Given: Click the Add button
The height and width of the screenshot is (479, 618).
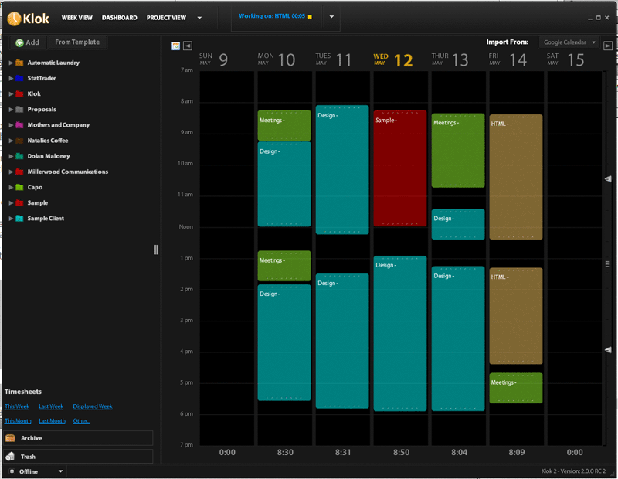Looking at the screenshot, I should pos(27,42).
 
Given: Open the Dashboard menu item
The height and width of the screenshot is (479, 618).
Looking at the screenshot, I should pos(119,18).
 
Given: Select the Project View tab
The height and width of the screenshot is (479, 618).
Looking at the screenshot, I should pos(166,18).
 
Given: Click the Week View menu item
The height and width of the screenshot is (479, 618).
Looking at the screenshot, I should pos(77,18).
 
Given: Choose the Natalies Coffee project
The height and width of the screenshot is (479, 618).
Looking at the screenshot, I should pos(48,141).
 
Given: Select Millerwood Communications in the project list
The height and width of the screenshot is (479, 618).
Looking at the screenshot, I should pos(67,172).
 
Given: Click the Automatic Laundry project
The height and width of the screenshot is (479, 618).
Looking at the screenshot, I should pos(53,63).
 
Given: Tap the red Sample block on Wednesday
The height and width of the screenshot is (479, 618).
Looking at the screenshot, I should pos(399,168).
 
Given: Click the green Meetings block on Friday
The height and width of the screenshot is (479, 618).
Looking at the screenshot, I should pos(515,388).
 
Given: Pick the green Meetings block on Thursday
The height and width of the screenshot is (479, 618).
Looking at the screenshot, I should pos(457,151).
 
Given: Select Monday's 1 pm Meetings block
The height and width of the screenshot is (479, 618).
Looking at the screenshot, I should pos(284,266).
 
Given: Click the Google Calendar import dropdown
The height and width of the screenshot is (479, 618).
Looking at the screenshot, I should pos(569,42).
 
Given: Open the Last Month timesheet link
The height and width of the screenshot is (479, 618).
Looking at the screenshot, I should pos(52,421).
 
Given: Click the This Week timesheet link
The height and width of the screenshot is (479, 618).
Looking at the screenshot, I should pos(17,406).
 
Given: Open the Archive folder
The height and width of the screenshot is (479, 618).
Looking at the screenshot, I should pos(77,438).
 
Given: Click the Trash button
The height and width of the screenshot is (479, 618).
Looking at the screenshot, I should pos(77,457).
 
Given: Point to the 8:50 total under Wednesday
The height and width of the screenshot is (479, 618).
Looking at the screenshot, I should pos(400,453).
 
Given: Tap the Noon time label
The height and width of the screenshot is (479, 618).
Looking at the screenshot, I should pos(185,227).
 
